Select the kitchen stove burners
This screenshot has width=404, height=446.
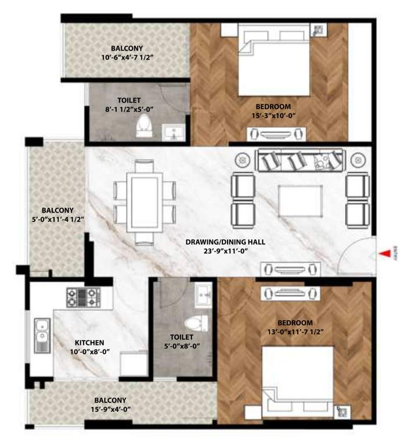click(83, 297)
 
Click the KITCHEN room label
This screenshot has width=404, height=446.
click(89, 343)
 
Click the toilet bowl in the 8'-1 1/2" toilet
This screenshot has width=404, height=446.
click(142, 126)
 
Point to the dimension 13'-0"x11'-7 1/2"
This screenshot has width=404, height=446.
click(295, 332)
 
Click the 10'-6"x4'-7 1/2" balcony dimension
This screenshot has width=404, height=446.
click(127, 57)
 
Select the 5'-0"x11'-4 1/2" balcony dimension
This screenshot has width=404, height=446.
click(57, 220)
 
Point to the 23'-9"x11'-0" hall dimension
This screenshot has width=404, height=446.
click(226, 250)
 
